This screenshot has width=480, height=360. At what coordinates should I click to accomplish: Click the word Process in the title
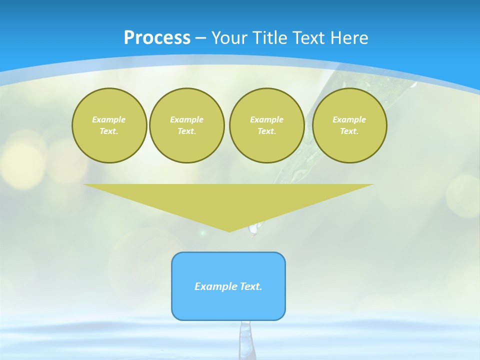click(157, 38)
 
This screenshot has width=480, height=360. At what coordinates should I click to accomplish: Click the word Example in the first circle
click(109, 119)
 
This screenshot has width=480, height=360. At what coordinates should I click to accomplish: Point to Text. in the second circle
click(187, 131)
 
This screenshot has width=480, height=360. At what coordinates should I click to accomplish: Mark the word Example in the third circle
click(267, 119)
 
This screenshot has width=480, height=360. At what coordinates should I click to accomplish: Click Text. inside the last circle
click(349, 131)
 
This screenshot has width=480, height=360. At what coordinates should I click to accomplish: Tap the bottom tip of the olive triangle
click(229, 230)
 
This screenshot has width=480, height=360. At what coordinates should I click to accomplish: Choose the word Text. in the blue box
click(251, 286)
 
